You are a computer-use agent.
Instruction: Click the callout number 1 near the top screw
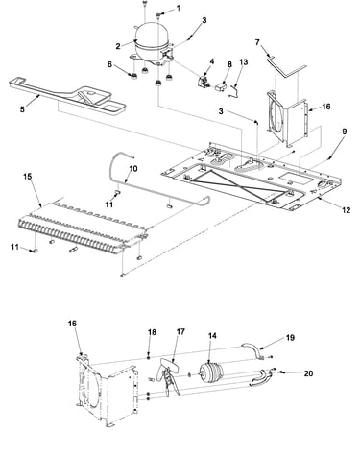179,9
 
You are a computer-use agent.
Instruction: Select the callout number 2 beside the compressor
118,46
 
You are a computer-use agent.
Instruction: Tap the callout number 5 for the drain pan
22,109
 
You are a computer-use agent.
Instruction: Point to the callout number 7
257,42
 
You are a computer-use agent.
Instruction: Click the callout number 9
345,132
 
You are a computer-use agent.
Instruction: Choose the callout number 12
347,210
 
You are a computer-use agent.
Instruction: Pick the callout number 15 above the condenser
28,177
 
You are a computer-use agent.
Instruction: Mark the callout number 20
308,373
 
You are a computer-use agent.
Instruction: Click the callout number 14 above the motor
212,335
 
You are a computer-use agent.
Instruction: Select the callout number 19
290,338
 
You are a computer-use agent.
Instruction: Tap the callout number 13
244,61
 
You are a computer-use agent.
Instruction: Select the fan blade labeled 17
169,376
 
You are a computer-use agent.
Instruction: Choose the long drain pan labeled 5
67,93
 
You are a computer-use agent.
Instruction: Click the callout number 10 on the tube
133,168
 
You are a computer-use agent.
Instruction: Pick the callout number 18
152,332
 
